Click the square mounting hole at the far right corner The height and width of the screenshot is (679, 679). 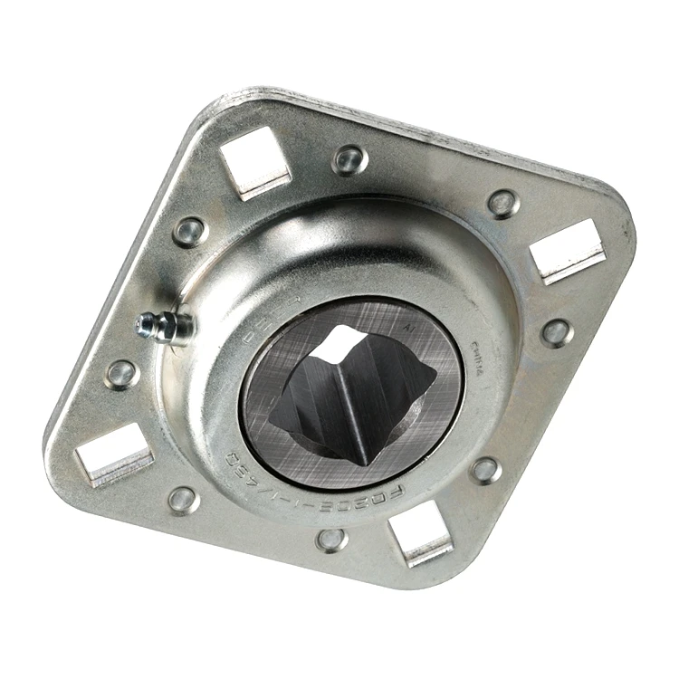[567, 250]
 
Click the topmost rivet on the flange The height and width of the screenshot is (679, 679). [349, 160]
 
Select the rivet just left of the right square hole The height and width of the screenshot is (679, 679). [502, 202]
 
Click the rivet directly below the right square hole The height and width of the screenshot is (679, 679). [556, 331]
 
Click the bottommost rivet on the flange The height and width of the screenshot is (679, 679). [331, 540]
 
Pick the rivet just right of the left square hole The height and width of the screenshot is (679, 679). [183, 499]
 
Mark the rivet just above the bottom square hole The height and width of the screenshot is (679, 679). [485, 469]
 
